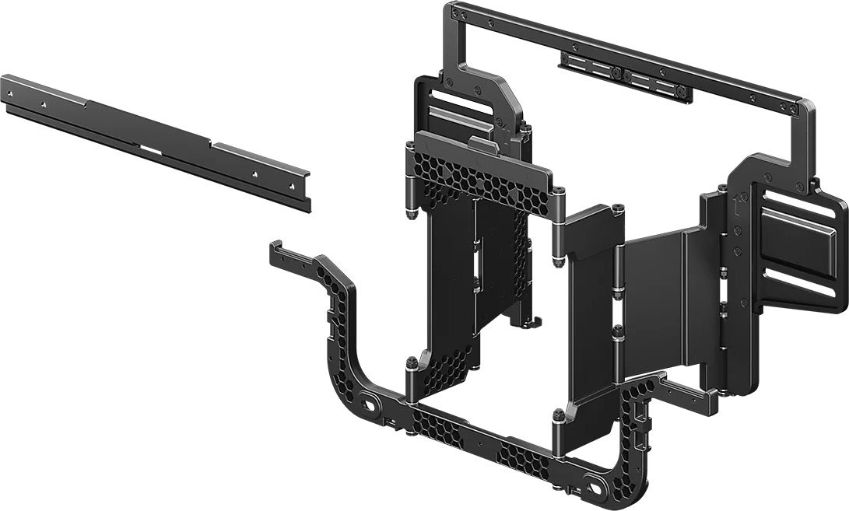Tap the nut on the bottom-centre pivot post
[557, 420]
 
